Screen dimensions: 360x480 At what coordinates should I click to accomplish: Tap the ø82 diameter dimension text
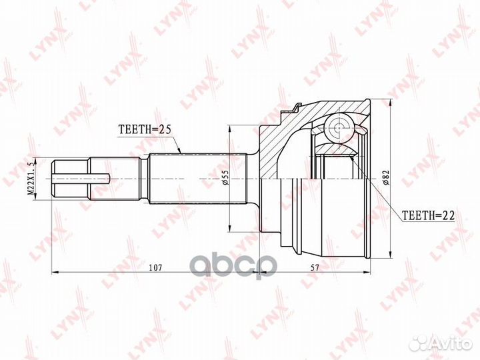pos(386,178)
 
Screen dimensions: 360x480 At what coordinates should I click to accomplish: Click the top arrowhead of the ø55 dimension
pos(229,127)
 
